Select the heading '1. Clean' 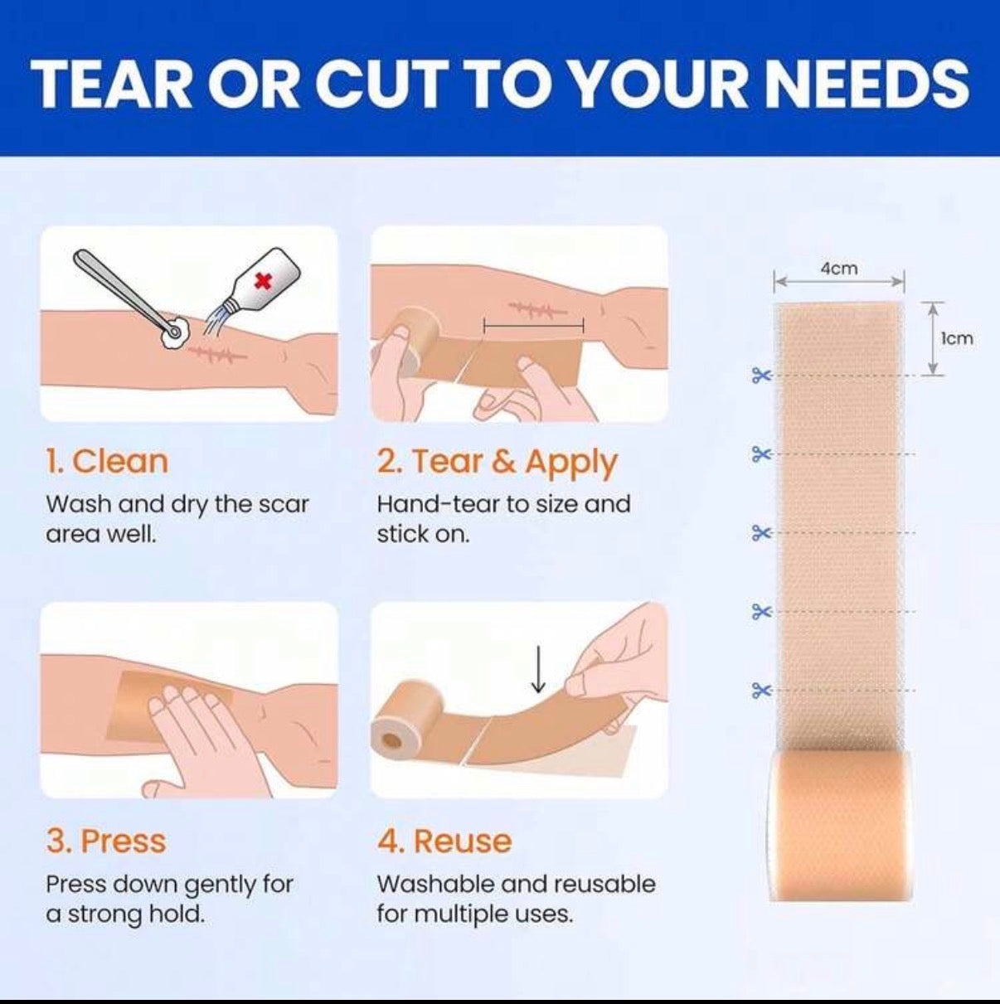[x=107, y=462]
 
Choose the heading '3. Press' [x=106, y=841]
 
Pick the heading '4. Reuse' [x=444, y=841]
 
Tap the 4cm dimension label [x=839, y=269]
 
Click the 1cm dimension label [x=957, y=338]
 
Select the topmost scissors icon [x=761, y=375]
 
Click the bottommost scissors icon [x=761, y=691]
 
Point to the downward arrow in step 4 [x=538, y=670]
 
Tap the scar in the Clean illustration [x=217, y=354]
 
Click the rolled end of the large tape [x=841, y=825]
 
